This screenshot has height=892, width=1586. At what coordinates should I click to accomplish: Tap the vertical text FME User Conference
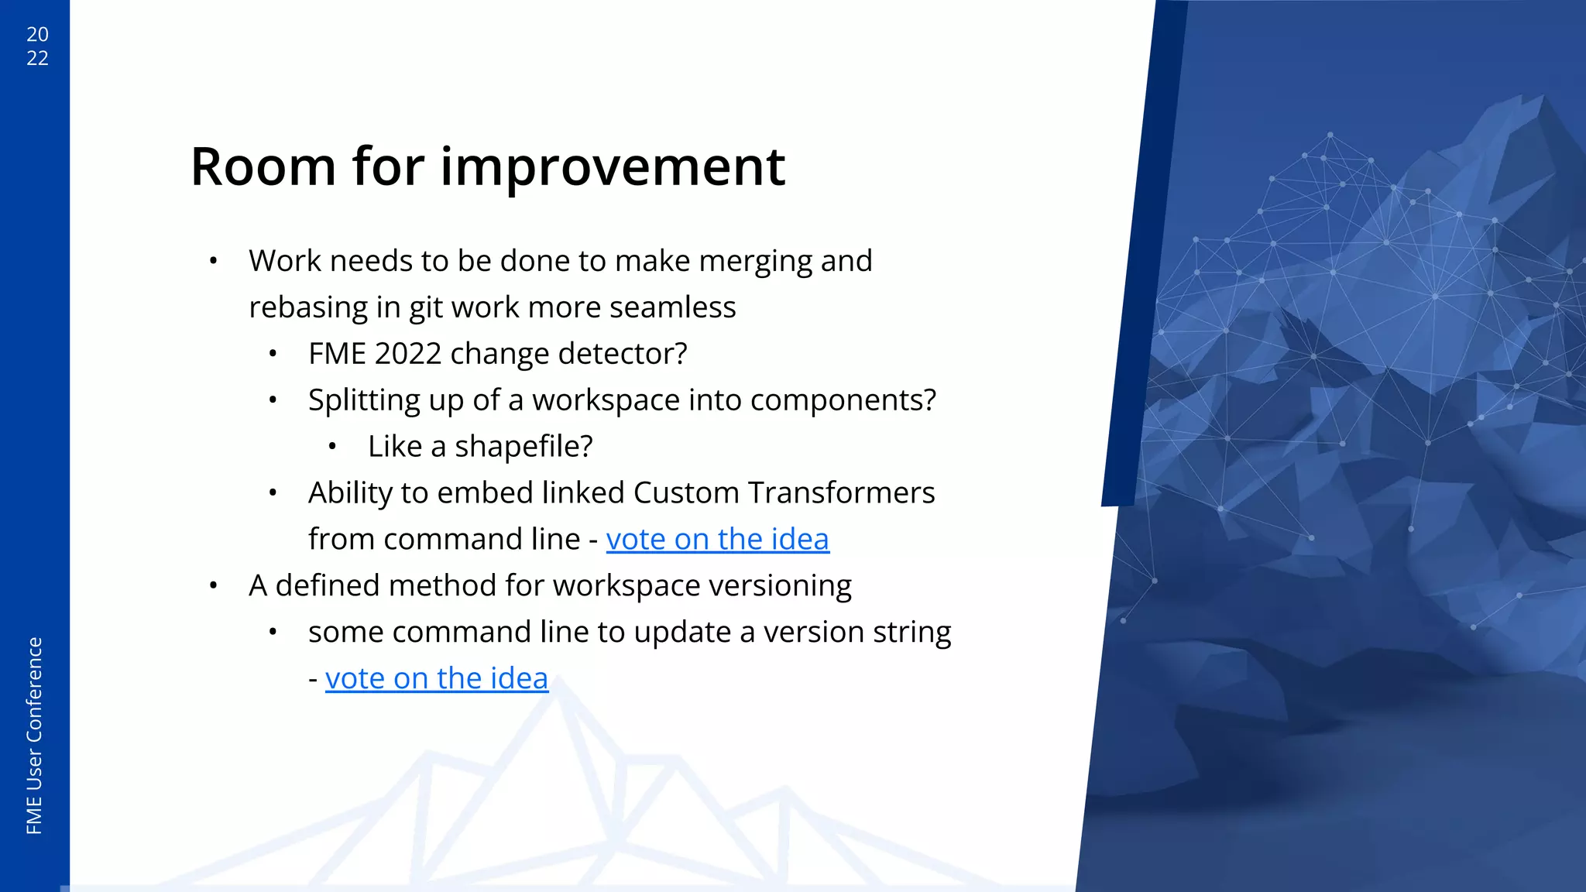(x=34, y=736)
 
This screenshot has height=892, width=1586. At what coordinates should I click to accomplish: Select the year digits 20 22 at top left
(x=37, y=46)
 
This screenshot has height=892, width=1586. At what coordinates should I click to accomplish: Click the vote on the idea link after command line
(x=717, y=539)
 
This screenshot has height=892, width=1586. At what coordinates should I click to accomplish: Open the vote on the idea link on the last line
(x=437, y=678)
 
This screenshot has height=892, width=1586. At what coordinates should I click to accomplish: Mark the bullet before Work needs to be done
(x=213, y=261)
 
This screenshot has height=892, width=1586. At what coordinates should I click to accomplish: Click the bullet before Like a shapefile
(x=332, y=447)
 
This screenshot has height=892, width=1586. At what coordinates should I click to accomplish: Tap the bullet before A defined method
(x=213, y=585)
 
